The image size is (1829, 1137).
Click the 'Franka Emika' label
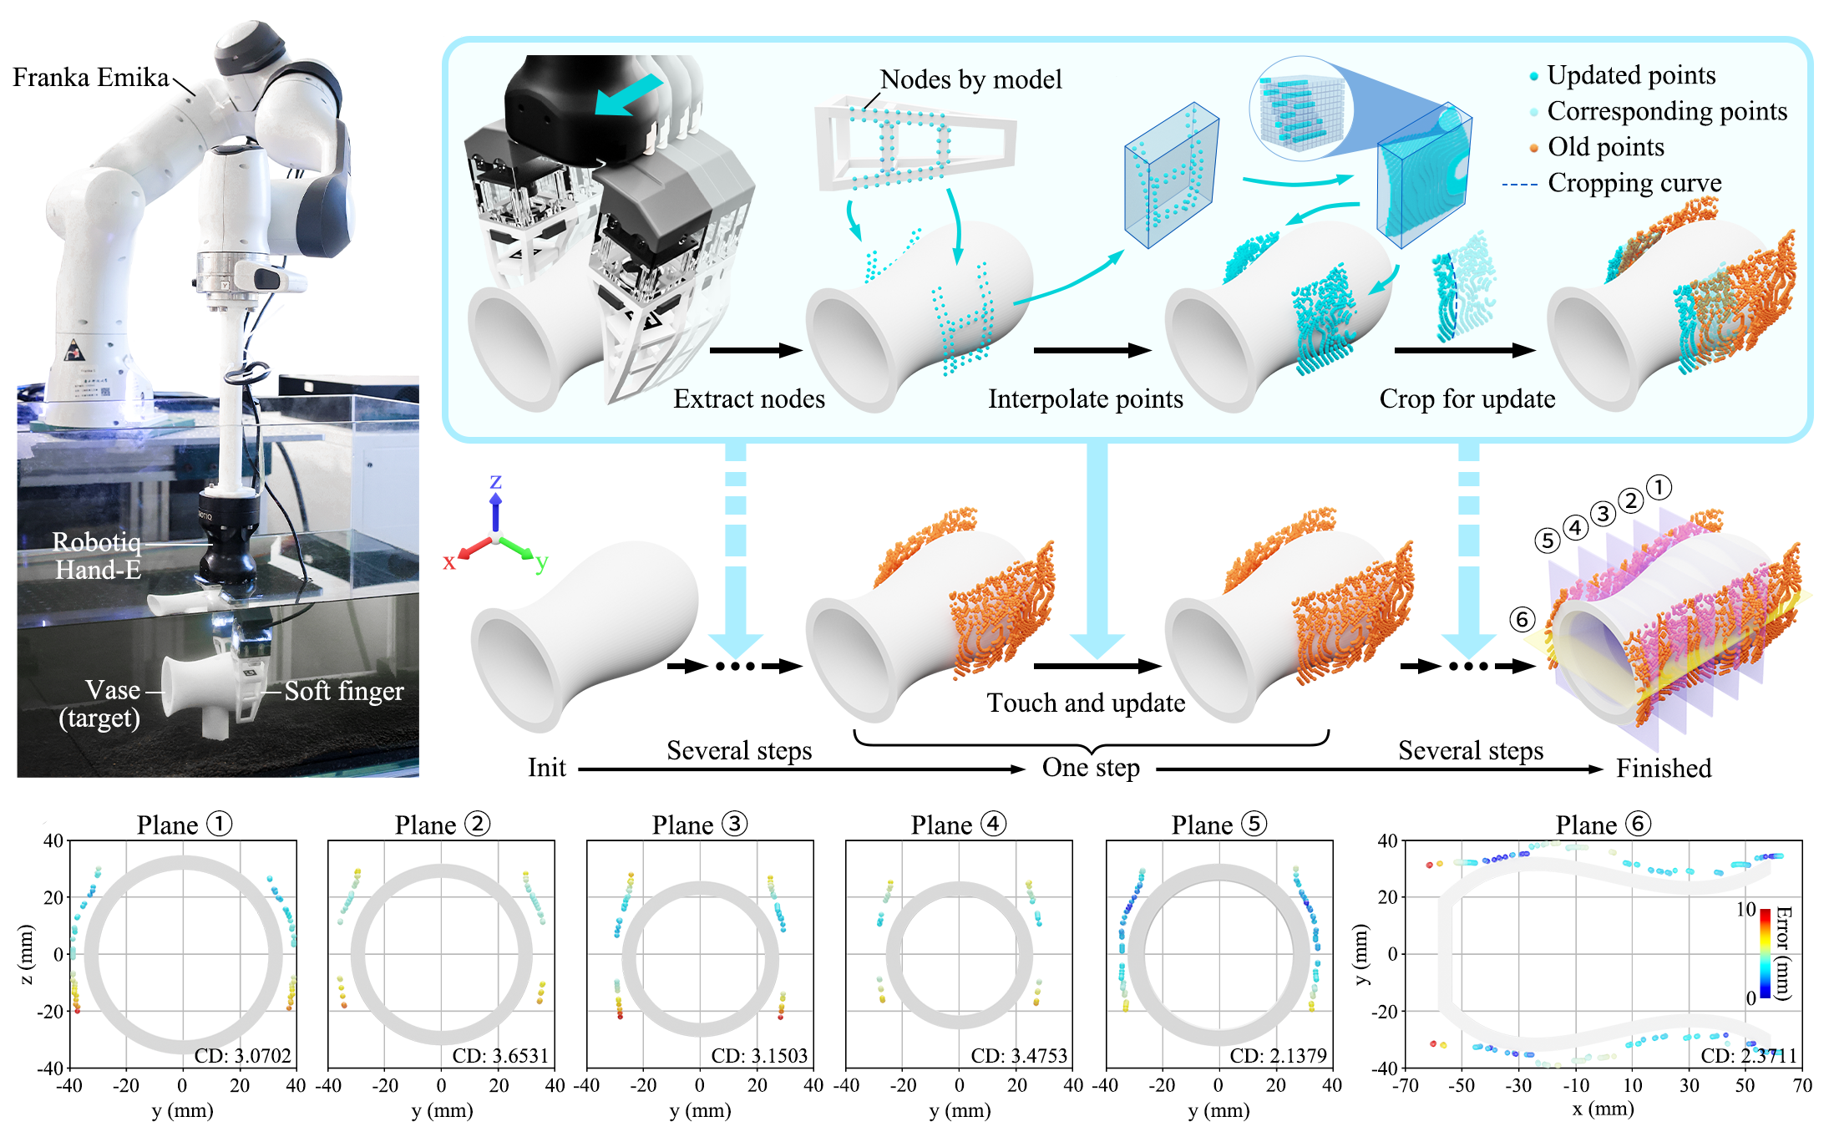click(x=90, y=77)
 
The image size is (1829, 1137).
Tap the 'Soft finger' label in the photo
click(x=343, y=691)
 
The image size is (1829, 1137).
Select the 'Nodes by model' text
click(x=970, y=79)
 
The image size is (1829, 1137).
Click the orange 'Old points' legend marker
click(x=1533, y=148)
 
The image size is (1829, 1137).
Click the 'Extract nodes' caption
click(x=748, y=398)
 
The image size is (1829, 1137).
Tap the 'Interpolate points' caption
click(x=1085, y=398)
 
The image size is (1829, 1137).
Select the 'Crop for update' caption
click(x=1467, y=398)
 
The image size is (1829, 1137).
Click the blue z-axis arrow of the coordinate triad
click(x=495, y=511)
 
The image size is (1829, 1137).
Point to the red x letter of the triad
click(x=449, y=562)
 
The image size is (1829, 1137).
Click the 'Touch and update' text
click(x=1085, y=703)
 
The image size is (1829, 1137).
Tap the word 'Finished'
click(x=1663, y=768)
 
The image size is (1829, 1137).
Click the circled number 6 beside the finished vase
click(x=1522, y=619)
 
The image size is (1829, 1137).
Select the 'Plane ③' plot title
click(x=698, y=825)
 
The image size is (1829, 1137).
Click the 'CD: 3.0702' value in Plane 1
click(x=242, y=1055)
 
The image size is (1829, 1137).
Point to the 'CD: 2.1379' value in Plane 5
click(x=1278, y=1055)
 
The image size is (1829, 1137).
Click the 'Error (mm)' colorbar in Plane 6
click(x=1766, y=953)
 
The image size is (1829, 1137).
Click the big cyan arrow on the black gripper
click(x=628, y=94)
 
